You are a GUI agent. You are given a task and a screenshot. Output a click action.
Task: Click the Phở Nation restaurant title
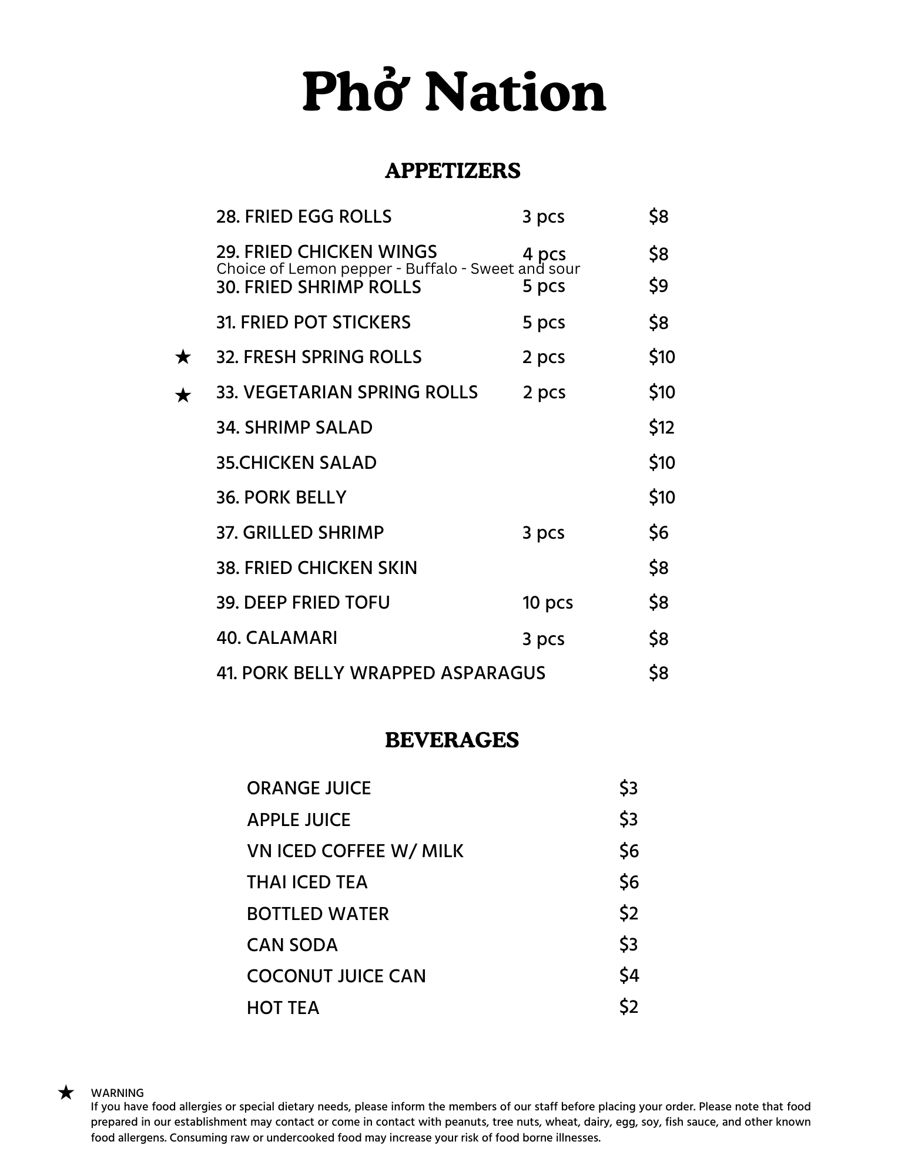(x=454, y=92)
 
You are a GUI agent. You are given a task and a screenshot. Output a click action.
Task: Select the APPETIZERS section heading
(x=453, y=171)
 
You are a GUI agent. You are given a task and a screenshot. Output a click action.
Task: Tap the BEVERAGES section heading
(x=452, y=740)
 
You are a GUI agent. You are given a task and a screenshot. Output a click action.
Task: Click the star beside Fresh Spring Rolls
(x=183, y=357)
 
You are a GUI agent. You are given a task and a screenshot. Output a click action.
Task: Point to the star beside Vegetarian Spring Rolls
(x=183, y=395)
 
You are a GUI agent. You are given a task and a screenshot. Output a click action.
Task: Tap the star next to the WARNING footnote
(x=66, y=1093)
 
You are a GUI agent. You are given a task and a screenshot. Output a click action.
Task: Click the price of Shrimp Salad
(x=661, y=428)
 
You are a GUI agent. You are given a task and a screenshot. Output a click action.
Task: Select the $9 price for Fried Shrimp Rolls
(x=658, y=286)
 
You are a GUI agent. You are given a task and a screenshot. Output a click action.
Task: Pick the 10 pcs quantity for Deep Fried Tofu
(x=547, y=603)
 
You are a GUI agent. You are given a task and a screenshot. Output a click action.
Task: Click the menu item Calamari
(x=277, y=638)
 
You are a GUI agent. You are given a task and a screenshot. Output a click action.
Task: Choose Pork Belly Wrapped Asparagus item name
(x=381, y=673)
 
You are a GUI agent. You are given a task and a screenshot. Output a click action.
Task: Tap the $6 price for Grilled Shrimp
(x=658, y=533)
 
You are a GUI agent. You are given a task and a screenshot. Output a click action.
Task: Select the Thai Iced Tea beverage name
(x=307, y=882)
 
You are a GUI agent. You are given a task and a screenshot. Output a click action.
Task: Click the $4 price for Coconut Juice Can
(x=628, y=976)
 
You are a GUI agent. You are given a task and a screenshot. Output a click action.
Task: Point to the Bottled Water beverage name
(x=317, y=914)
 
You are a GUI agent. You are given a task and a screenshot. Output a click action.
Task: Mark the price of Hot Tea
(x=628, y=1007)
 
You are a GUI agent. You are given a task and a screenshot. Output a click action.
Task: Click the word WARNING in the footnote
(x=117, y=1093)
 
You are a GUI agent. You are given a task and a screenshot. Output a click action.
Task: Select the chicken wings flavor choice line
(x=398, y=269)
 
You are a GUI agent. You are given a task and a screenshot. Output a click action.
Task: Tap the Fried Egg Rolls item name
(x=304, y=217)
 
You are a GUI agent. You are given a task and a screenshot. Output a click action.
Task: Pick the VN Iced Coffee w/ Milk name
(x=355, y=851)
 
